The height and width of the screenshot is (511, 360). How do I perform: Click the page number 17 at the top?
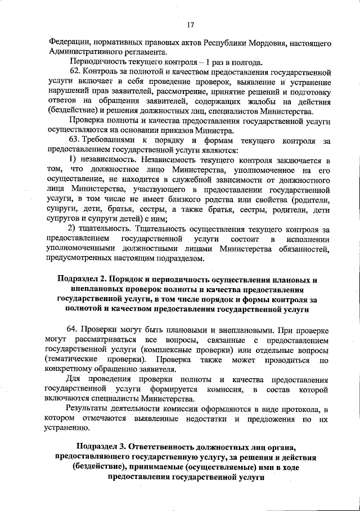click(x=190, y=24)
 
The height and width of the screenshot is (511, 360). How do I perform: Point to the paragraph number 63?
click(x=74, y=141)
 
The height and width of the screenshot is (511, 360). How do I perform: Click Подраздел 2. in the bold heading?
click(x=83, y=280)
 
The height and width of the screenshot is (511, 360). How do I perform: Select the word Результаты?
click(x=89, y=408)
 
